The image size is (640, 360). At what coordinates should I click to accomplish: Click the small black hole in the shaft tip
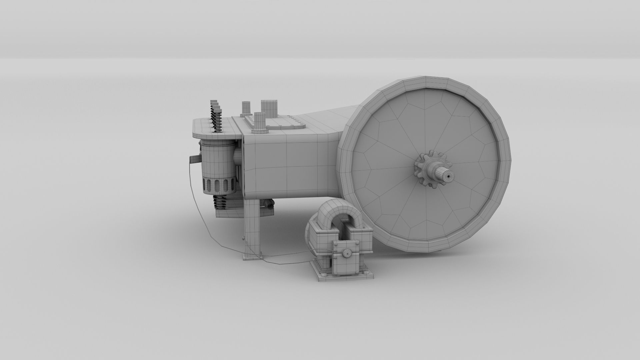tap(449, 175)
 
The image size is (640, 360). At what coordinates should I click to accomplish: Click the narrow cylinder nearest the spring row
tap(246, 108)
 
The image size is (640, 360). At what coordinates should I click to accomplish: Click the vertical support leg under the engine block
tap(251, 227)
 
